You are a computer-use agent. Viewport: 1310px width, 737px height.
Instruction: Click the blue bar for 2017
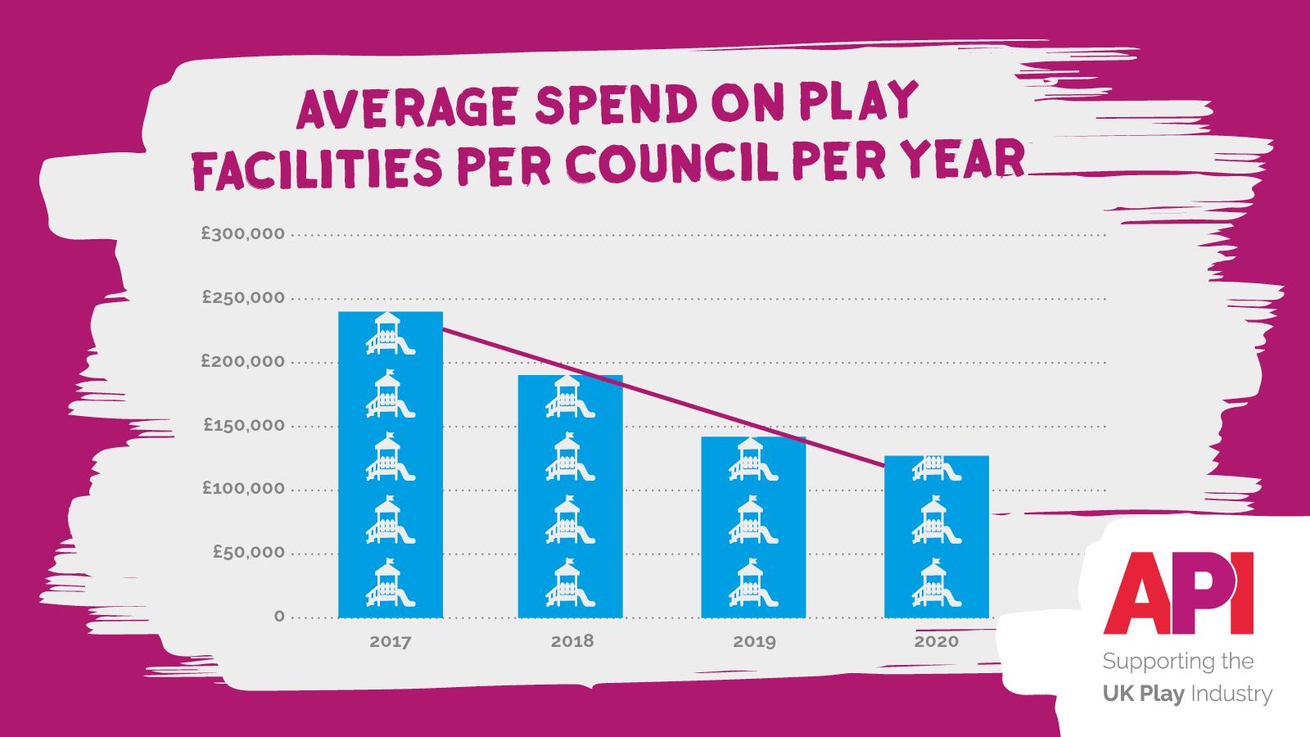(391, 464)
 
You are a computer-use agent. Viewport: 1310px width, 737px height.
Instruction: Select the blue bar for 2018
(571, 496)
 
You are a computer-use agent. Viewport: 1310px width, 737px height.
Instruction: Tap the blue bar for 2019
(753, 527)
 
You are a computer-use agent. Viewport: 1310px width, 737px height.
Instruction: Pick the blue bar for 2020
(937, 536)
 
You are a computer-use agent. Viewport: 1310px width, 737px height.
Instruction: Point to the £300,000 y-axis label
(243, 234)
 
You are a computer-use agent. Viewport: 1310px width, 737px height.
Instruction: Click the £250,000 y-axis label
(243, 298)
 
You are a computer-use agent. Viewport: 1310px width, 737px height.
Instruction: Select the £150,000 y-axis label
(244, 426)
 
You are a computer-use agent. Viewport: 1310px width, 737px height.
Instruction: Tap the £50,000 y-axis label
(249, 553)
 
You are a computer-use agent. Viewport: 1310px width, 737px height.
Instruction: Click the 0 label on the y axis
(280, 617)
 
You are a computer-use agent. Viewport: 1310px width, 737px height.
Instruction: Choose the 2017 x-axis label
(391, 642)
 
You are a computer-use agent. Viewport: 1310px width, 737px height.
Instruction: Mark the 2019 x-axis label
(754, 642)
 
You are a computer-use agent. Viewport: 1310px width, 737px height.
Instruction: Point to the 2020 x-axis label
(937, 642)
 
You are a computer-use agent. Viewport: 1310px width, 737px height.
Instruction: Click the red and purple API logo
(1179, 593)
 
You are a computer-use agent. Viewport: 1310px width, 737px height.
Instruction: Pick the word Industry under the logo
(1231, 694)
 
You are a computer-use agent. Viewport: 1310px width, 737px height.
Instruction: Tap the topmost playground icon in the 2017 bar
(390, 334)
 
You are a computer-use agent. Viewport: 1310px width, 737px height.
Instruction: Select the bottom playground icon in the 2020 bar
(936, 584)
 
